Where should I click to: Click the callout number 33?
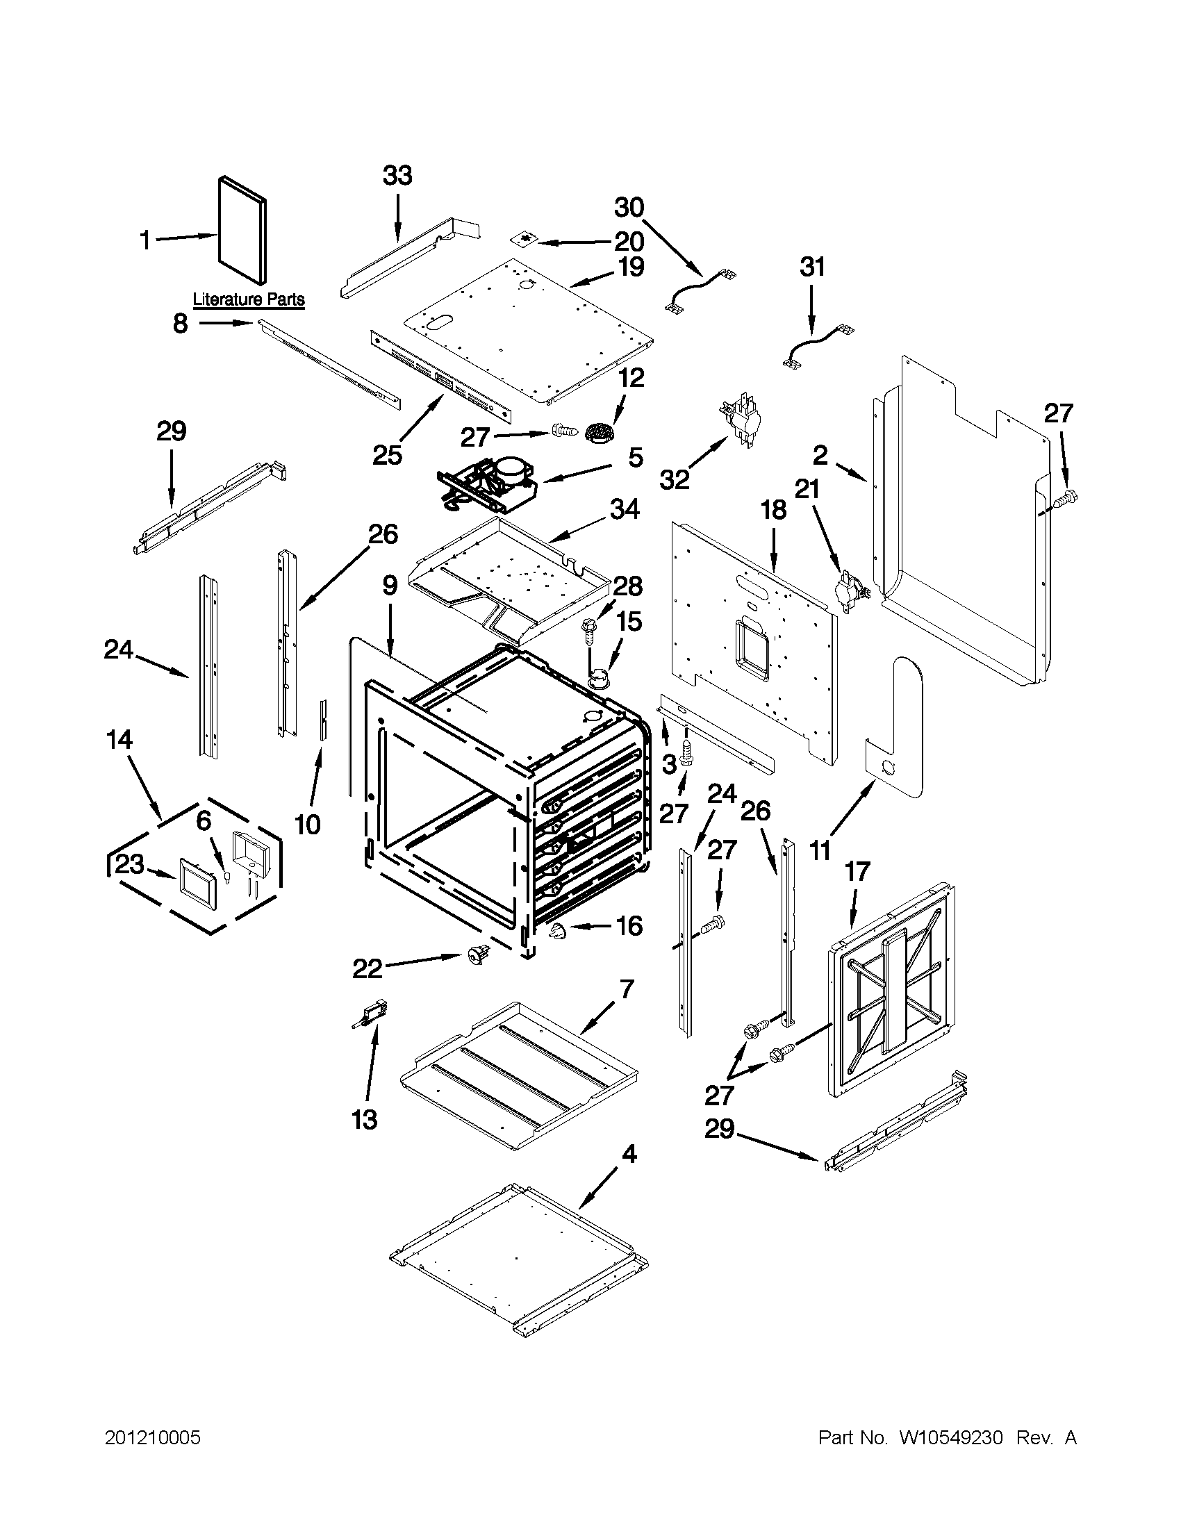click(x=397, y=175)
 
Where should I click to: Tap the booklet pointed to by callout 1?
click(x=242, y=231)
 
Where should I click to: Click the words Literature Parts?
click(x=249, y=299)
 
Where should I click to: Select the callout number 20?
click(x=629, y=242)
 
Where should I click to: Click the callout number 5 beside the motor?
click(x=634, y=458)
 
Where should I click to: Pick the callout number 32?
click(x=674, y=479)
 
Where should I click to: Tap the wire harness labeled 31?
click(x=816, y=344)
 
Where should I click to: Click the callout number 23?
click(x=130, y=865)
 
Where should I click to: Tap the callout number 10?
click(x=307, y=824)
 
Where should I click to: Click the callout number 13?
click(x=365, y=1119)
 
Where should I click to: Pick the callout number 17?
click(x=857, y=871)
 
